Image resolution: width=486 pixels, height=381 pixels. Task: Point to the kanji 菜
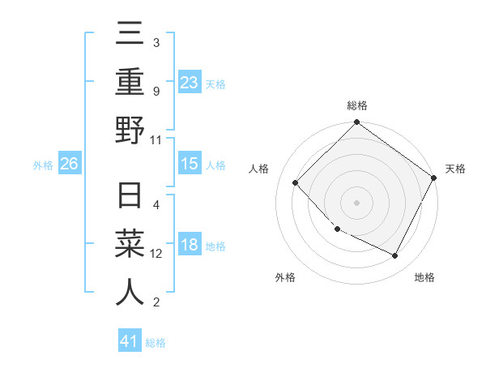click(130, 246)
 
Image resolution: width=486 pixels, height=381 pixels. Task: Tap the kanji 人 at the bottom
click(130, 293)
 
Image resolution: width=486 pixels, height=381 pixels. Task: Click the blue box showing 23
click(190, 82)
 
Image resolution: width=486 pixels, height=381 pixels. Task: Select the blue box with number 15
click(190, 165)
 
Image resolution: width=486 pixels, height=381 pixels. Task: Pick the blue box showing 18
click(190, 246)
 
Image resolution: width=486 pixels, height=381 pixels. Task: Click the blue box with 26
click(70, 165)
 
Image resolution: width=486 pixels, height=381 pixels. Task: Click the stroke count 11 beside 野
click(156, 139)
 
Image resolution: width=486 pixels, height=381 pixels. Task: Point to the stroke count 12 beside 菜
click(156, 254)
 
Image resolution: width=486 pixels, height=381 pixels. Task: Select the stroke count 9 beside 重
click(156, 92)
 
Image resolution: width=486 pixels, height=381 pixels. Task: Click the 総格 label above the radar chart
click(357, 105)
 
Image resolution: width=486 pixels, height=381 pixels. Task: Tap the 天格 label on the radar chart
click(455, 169)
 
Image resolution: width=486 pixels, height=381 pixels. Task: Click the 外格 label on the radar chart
click(285, 277)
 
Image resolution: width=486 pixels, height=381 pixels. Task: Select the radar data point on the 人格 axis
click(296, 183)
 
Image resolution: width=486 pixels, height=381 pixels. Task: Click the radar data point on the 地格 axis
click(395, 256)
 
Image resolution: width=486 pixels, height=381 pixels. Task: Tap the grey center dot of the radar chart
click(356, 202)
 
